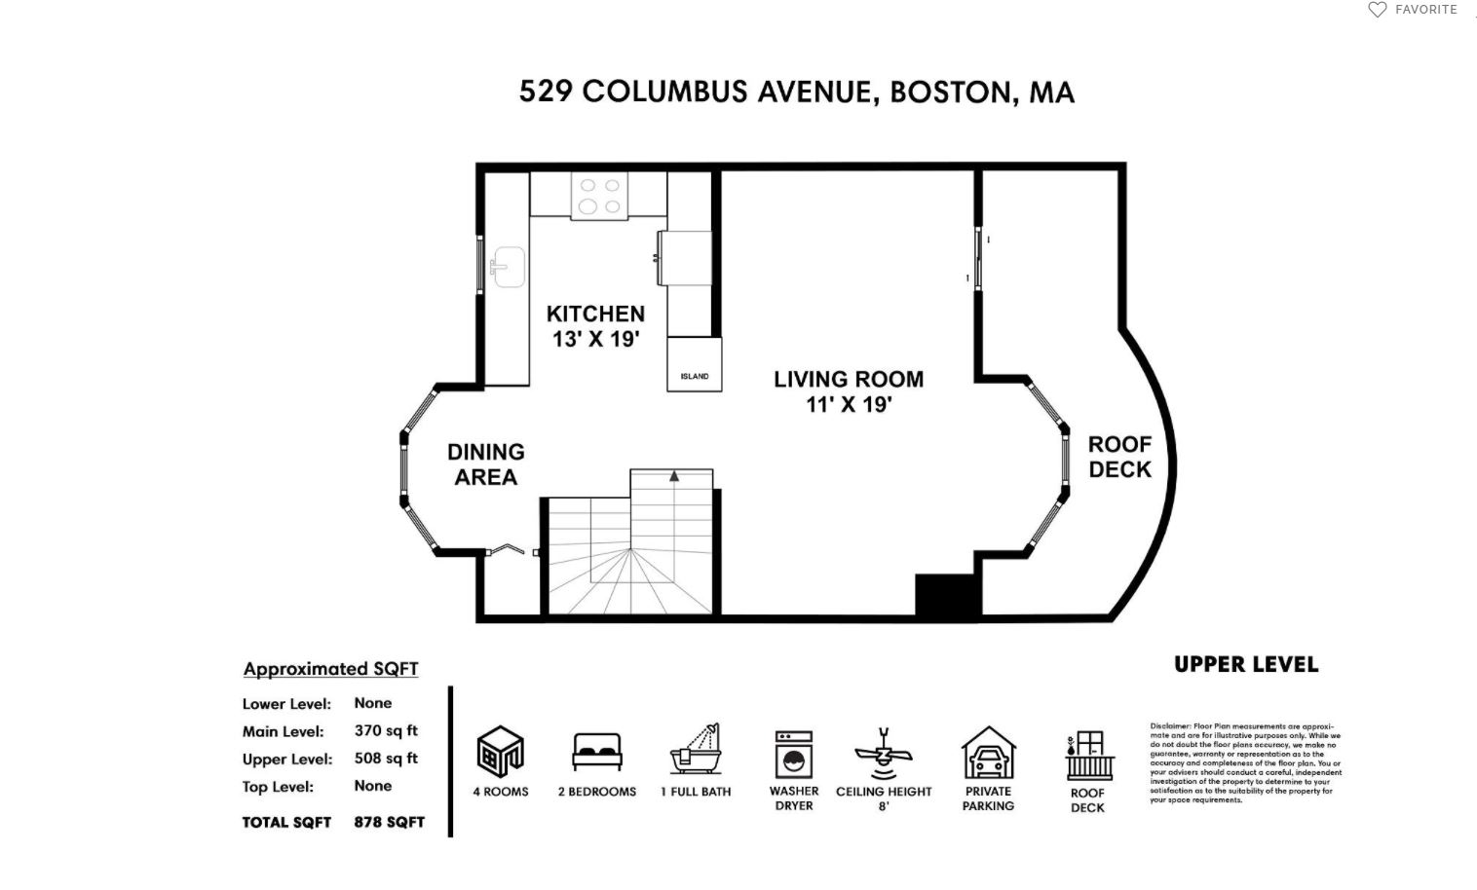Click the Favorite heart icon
click(x=1377, y=10)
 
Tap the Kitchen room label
click(x=595, y=326)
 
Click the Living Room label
click(x=849, y=391)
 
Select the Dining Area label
click(x=485, y=464)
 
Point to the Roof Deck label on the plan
click(x=1119, y=457)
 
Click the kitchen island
click(x=695, y=365)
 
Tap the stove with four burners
click(x=599, y=196)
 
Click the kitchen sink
click(x=508, y=266)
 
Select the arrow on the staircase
click(x=673, y=476)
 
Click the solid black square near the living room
click(x=946, y=595)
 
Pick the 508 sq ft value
click(x=386, y=759)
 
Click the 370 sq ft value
click(x=386, y=730)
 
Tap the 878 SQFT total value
click(x=389, y=822)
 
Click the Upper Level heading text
click(x=1246, y=664)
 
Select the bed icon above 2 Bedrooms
click(x=597, y=753)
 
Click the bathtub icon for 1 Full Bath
click(x=696, y=750)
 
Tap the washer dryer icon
click(x=793, y=755)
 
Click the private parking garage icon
click(x=988, y=753)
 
